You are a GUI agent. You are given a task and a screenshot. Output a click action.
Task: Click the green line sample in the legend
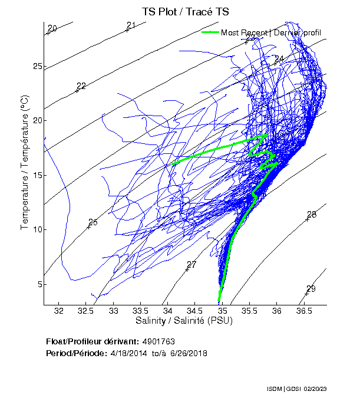[210, 32]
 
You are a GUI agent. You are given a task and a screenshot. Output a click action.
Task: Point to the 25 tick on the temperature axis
[37, 66]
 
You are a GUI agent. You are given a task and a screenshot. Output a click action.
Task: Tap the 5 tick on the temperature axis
[39, 284]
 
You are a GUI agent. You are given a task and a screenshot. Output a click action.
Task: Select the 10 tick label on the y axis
[37, 229]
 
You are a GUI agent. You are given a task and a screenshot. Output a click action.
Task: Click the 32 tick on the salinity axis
[59, 311]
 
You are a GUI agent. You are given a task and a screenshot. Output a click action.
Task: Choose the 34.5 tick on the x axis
[194, 311]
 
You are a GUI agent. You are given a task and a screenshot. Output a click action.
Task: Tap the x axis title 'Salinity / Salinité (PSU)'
[184, 321]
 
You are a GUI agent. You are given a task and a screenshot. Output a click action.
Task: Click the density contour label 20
[52, 29]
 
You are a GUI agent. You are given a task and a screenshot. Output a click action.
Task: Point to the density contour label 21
[131, 25]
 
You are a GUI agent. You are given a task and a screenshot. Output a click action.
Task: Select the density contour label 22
[81, 86]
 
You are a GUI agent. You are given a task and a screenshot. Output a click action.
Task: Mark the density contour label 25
[93, 222]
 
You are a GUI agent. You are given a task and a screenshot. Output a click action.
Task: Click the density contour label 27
[191, 265]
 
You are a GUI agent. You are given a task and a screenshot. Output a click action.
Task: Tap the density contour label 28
[312, 215]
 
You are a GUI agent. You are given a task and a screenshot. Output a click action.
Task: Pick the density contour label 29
[311, 289]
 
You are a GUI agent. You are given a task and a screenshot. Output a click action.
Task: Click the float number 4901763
[158, 341]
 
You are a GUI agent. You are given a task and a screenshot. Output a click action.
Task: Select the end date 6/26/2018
[189, 353]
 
